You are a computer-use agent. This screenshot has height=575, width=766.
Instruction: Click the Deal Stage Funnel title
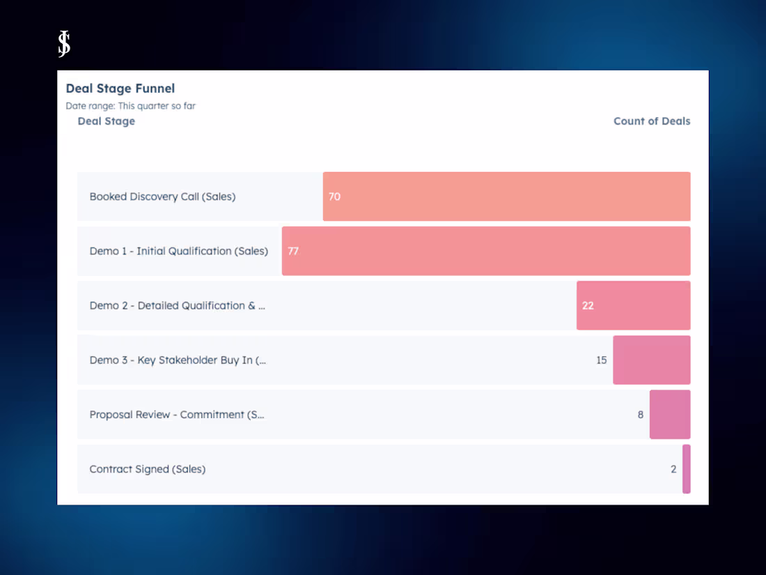coord(120,89)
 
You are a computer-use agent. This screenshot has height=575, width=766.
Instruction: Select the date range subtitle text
coord(131,106)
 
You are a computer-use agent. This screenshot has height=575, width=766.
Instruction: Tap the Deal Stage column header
coord(106,121)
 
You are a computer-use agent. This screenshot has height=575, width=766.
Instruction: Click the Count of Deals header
coord(651,121)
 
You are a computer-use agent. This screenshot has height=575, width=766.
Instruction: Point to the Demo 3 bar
coord(652,360)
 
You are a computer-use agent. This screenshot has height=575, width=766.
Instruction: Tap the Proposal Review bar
coord(670,415)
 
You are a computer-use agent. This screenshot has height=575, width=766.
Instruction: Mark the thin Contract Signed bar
coord(687,469)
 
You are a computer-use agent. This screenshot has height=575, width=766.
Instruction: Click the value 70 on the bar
coord(334,197)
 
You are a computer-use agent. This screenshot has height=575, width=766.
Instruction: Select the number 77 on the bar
coord(293,251)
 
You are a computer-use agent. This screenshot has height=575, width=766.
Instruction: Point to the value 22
coord(588,305)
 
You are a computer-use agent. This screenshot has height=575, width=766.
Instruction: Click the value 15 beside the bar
coord(601,360)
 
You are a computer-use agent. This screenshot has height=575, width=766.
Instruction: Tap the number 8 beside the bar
coord(641,415)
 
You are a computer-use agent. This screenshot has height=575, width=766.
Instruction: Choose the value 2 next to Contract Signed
coord(673,469)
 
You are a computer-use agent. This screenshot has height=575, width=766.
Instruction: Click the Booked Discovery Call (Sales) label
coord(162,197)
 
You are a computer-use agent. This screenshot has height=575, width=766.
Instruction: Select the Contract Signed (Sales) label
coord(148,469)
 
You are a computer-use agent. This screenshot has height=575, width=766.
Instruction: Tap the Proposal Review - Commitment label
coord(177,415)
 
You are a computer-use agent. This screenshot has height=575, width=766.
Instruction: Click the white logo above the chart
coord(64,44)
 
